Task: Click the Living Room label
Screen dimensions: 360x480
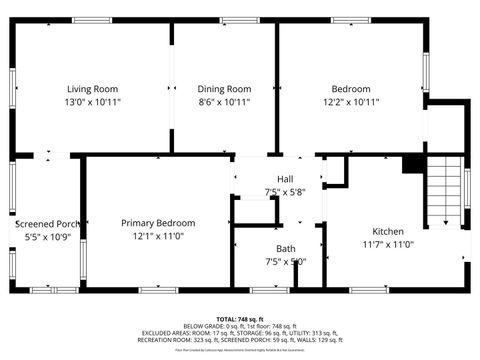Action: tap(91, 89)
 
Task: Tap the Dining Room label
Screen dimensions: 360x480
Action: tap(224, 89)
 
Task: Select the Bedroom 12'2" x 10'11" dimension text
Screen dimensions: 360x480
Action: tap(351, 102)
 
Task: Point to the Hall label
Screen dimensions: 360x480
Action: tap(285, 179)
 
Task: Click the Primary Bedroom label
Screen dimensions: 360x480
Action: tap(158, 223)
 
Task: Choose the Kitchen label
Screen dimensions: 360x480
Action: tap(388, 230)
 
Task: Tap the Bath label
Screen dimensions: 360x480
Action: tap(285, 249)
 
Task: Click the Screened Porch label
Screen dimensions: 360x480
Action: tap(47, 224)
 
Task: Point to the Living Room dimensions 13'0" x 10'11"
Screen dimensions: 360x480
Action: tap(91, 102)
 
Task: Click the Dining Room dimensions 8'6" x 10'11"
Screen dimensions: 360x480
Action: tap(224, 102)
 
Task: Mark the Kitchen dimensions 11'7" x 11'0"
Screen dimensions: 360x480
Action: tap(388, 243)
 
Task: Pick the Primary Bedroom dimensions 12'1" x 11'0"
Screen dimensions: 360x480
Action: tap(158, 236)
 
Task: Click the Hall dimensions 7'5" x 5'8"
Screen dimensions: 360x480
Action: tap(285, 192)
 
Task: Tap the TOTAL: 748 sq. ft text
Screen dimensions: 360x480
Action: tap(239, 317)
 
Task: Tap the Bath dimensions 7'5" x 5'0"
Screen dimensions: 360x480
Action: tap(285, 262)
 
